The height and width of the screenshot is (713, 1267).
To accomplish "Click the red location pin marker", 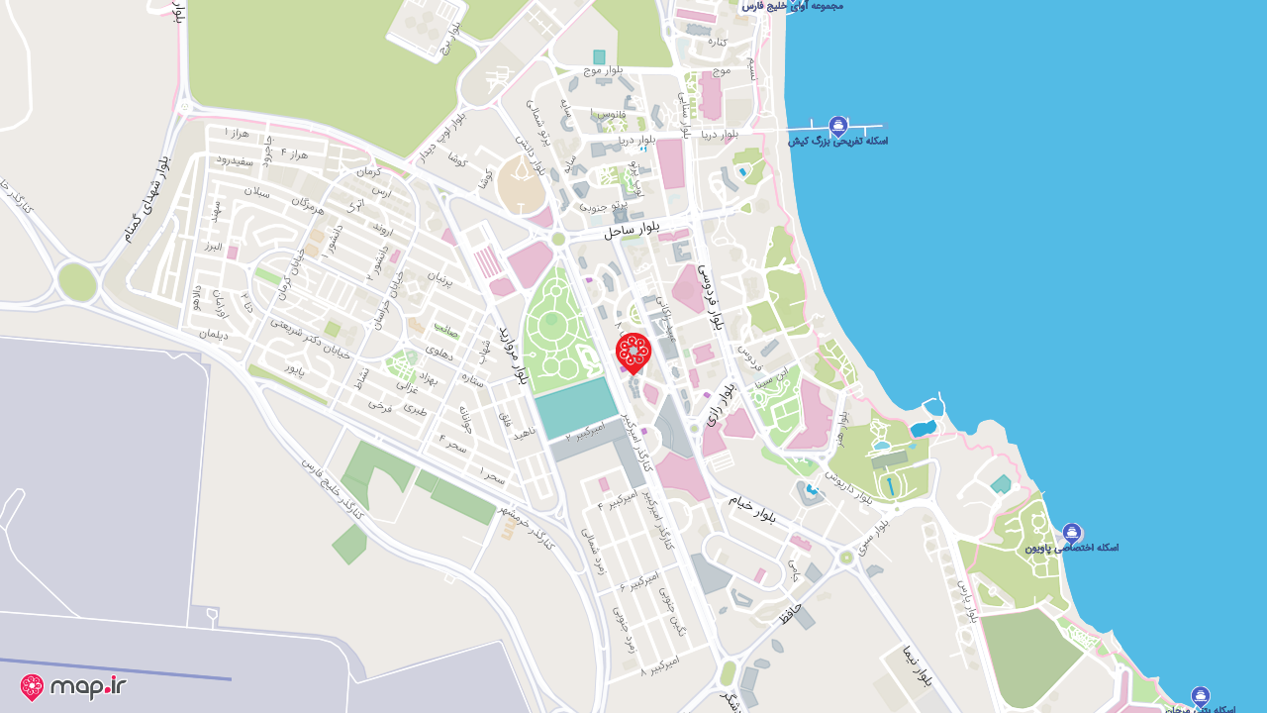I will [x=633, y=354].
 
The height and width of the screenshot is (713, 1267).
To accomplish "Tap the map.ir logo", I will [x=73, y=686].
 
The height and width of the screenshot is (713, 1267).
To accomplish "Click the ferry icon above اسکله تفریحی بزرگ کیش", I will [x=838, y=126].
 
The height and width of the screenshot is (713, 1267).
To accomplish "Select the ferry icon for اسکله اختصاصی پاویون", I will [x=1072, y=533].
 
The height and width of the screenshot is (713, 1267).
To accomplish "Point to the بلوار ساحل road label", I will [x=632, y=229].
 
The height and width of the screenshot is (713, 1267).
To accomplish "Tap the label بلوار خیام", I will [x=752, y=508].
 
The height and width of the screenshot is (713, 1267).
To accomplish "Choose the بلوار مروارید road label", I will [x=513, y=355].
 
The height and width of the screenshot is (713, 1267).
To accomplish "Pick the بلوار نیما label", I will [x=917, y=666].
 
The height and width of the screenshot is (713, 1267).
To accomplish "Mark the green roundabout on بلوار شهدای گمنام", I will [x=77, y=282].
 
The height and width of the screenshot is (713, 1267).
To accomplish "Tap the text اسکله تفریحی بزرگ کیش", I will [x=838, y=142].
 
